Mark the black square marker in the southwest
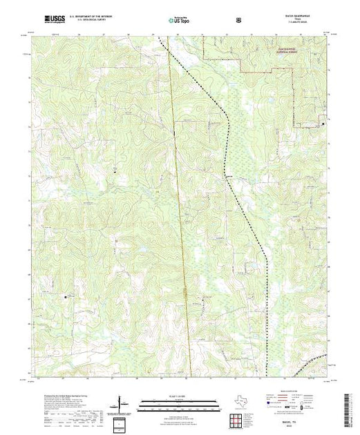coord(67,297)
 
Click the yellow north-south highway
coord(180,207)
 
